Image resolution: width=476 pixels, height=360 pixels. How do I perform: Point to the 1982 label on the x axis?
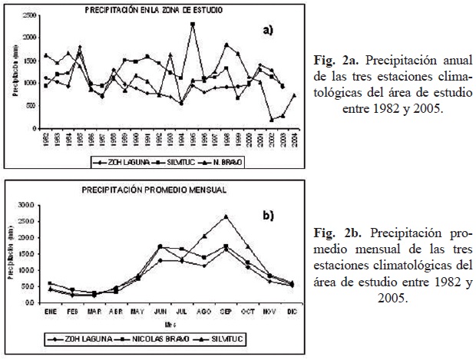click(x=46, y=140)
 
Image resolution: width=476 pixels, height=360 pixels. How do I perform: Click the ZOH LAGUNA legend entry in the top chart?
click(x=114, y=163)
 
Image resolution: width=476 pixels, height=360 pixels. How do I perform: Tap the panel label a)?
click(x=267, y=31)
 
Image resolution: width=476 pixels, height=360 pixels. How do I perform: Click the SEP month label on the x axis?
click(x=226, y=312)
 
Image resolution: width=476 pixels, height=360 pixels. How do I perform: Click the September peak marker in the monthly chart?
click(x=226, y=216)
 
